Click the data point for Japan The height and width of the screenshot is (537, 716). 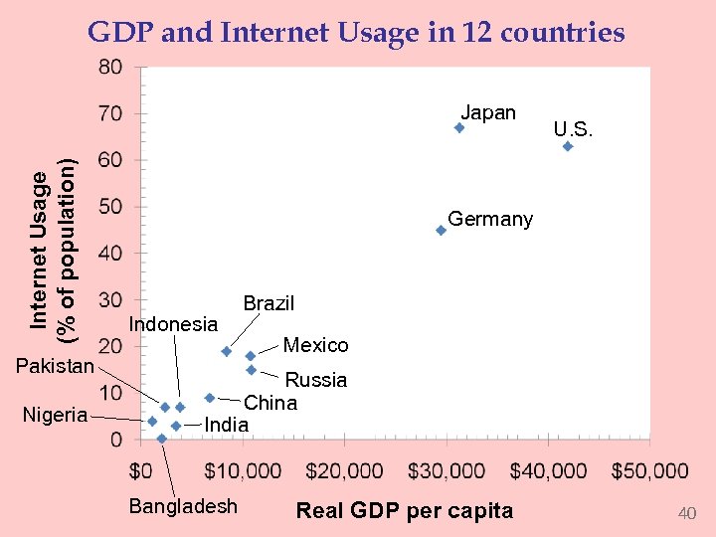[x=459, y=127]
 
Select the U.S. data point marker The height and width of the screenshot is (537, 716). [x=568, y=146]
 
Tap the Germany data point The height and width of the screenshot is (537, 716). [x=441, y=230]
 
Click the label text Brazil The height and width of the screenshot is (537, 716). [x=268, y=303]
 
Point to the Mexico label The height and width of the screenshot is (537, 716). [x=315, y=345]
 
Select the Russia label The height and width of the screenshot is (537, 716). [x=316, y=380]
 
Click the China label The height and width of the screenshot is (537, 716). [x=270, y=403]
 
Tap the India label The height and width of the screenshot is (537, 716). [x=226, y=425]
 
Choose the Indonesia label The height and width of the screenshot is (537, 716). [x=173, y=324]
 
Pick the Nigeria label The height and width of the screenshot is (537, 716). [x=55, y=415]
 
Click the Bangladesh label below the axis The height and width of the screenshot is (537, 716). [x=183, y=506]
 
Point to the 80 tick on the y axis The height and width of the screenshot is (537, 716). [x=110, y=68]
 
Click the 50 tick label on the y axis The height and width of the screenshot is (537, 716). [x=110, y=207]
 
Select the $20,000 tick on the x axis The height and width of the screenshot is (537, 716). [x=344, y=469]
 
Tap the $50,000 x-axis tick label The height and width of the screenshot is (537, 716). [x=649, y=469]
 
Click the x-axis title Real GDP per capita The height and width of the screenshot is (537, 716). [x=405, y=511]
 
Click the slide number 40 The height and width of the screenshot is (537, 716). [x=686, y=513]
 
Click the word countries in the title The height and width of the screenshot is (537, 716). [x=563, y=33]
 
